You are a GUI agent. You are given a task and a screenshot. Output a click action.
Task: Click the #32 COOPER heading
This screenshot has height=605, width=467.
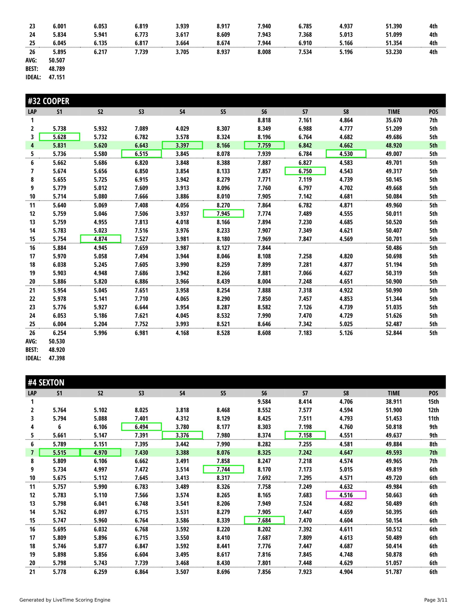point(48,101)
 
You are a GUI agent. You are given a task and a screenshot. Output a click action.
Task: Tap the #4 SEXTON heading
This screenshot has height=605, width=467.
point(46,383)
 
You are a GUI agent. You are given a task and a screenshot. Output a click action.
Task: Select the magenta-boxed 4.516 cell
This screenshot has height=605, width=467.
point(346,495)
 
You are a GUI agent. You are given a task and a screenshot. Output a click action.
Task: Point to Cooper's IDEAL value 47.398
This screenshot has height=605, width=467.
point(57,358)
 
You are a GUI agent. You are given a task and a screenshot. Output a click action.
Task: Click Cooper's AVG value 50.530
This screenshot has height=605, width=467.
point(57,341)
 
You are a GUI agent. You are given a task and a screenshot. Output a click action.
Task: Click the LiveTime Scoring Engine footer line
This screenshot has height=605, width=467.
point(65,600)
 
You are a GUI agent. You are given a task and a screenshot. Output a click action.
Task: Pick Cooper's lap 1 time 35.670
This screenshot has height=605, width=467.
point(394,120)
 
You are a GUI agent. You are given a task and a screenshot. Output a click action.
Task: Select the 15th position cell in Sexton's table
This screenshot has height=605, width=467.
point(433,402)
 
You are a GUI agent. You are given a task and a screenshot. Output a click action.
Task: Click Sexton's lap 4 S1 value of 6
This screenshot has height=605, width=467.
point(59,427)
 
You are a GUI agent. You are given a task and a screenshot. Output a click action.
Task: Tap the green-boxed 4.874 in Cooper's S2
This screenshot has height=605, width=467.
point(101,239)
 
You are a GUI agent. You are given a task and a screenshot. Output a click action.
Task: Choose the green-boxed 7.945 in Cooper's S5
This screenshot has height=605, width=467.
point(223,214)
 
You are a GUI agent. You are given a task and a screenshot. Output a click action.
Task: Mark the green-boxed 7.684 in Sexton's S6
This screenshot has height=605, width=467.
point(264,520)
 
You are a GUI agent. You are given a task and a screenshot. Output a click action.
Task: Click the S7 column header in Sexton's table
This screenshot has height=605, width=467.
point(305,393)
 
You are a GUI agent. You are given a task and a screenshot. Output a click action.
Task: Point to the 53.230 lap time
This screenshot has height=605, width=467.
point(394,52)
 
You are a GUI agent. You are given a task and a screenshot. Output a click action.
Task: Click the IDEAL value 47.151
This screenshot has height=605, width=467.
point(57,77)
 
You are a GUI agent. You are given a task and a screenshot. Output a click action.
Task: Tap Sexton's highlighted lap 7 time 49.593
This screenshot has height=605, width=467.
point(394,453)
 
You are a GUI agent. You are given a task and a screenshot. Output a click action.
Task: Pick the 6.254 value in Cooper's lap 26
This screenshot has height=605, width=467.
point(59,333)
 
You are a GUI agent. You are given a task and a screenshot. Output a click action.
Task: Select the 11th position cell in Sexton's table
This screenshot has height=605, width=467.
point(433,419)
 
